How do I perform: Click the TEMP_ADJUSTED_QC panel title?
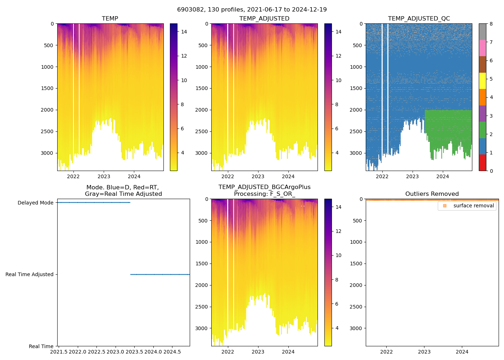419,19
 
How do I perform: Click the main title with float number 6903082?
252,10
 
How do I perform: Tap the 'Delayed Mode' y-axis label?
36,203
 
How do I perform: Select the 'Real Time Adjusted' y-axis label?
30,274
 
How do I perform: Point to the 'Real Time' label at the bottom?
41,346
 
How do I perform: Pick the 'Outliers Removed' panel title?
432,194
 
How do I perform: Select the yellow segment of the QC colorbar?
482,81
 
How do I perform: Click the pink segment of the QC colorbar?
482,48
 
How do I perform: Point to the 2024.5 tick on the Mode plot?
172,352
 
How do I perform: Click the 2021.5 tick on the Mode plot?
59,352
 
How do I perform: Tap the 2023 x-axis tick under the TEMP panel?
104,176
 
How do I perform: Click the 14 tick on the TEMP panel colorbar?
184,32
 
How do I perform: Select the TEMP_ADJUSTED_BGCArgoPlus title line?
264,187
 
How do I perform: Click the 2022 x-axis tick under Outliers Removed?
387,352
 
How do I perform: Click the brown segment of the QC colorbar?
482,64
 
